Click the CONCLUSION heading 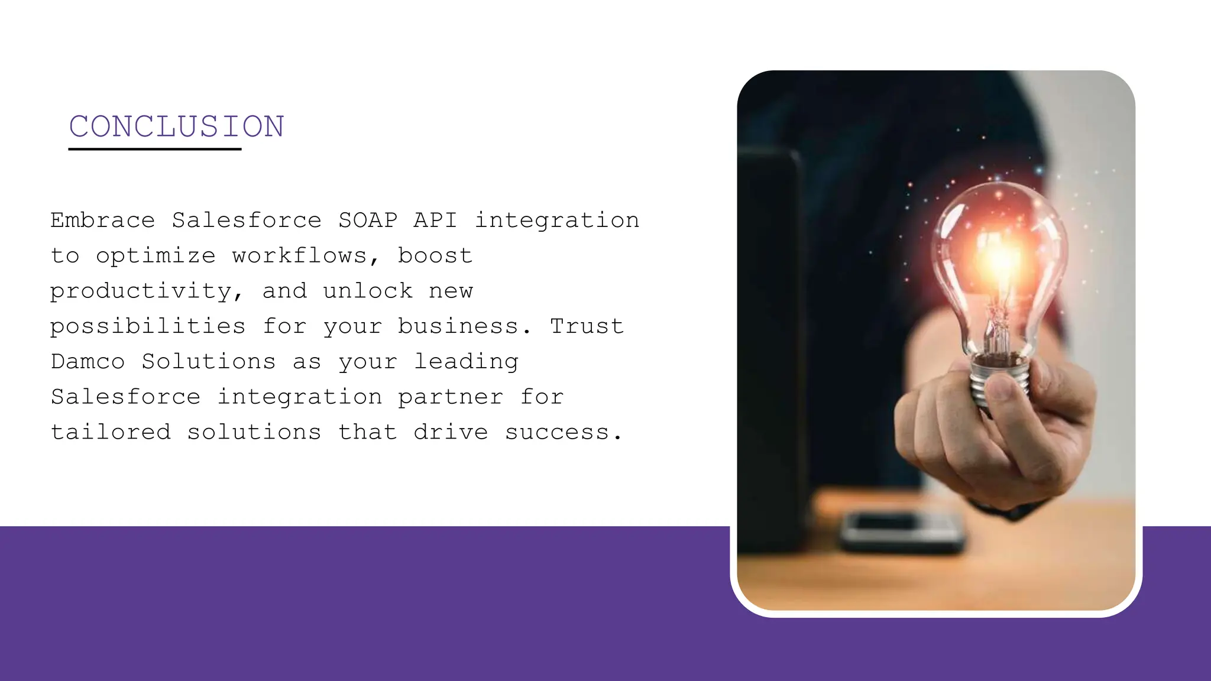pyautogui.click(x=176, y=127)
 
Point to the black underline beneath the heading pyautogui.click(x=154, y=149)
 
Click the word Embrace pyautogui.click(x=103, y=220)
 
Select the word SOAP pyautogui.click(x=368, y=220)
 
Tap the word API pyautogui.click(x=435, y=220)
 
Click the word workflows pyautogui.click(x=299, y=256)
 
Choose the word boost pyautogui.click(x=435, y=256)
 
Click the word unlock pyautogui.click(x=368, y=291)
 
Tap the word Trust pyautogui.click(x=587, y=326)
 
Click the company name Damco pyautogui.click(x=88, y=362)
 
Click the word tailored pyautogui.click(x=111, y=432)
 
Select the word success pyautogui.click(x=557, y=433)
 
